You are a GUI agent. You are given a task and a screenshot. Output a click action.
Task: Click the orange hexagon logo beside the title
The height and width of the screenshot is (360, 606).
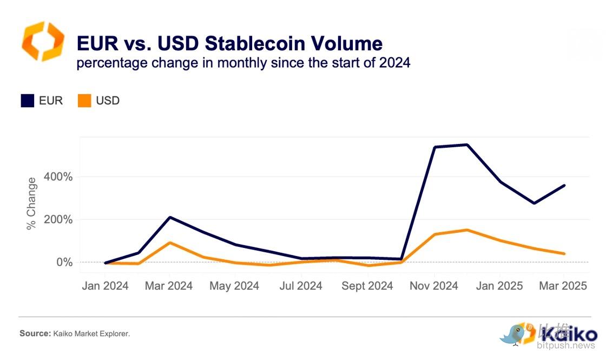coord(43,42)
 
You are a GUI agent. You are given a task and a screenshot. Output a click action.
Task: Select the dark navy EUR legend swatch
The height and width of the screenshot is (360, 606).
coord(28,101)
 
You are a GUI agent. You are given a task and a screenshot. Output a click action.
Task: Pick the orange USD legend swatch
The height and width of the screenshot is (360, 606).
coord(84,101)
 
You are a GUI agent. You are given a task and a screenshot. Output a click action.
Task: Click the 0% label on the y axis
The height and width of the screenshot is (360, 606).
coord(64,263)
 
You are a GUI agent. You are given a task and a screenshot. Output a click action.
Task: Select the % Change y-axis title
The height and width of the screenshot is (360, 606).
coord(31,203)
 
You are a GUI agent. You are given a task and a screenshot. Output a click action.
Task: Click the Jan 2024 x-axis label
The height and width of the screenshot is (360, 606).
coord(105,286)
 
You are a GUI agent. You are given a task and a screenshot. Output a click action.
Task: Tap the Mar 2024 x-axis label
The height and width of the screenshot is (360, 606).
coord(169,286)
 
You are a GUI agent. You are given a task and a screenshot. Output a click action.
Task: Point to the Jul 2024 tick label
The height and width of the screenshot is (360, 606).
coord(301,286)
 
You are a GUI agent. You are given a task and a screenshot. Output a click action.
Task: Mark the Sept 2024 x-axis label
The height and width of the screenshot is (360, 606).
coord(367,286)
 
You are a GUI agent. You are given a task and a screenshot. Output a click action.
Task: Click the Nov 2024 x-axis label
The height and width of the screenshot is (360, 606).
coord(434,286)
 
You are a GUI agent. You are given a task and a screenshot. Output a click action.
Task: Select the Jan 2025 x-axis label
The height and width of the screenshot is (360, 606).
coord(499,286)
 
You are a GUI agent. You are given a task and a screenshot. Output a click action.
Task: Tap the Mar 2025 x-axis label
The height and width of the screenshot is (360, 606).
coord(564,286)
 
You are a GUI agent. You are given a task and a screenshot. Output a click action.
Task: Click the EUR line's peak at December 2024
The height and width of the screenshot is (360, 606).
coord(466,145)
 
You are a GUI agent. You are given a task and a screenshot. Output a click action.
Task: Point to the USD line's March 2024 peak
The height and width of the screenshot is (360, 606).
coord(170,243)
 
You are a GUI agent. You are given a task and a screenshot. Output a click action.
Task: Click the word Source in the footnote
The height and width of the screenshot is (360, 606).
coord(35,333)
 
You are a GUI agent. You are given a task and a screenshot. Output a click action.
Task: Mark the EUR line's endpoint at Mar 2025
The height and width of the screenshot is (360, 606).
coord(564,186)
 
